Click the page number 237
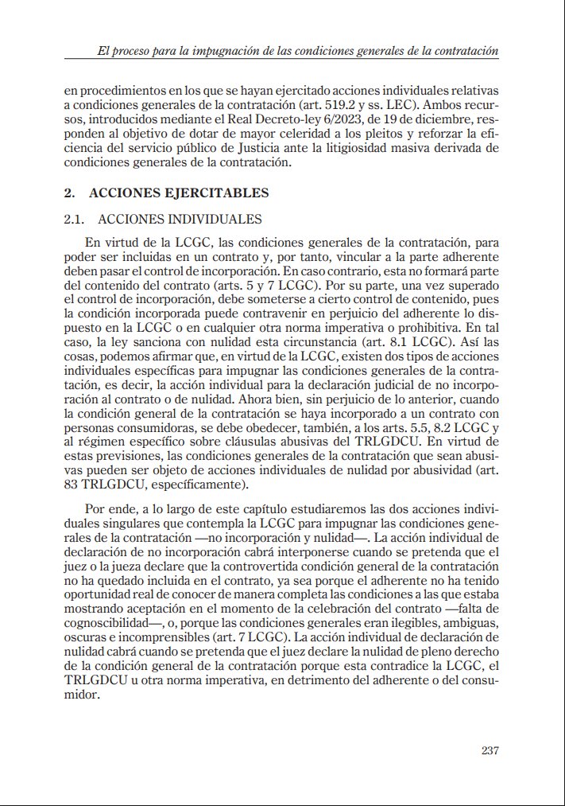click(490, 750)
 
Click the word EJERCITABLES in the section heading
click(220, 193)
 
